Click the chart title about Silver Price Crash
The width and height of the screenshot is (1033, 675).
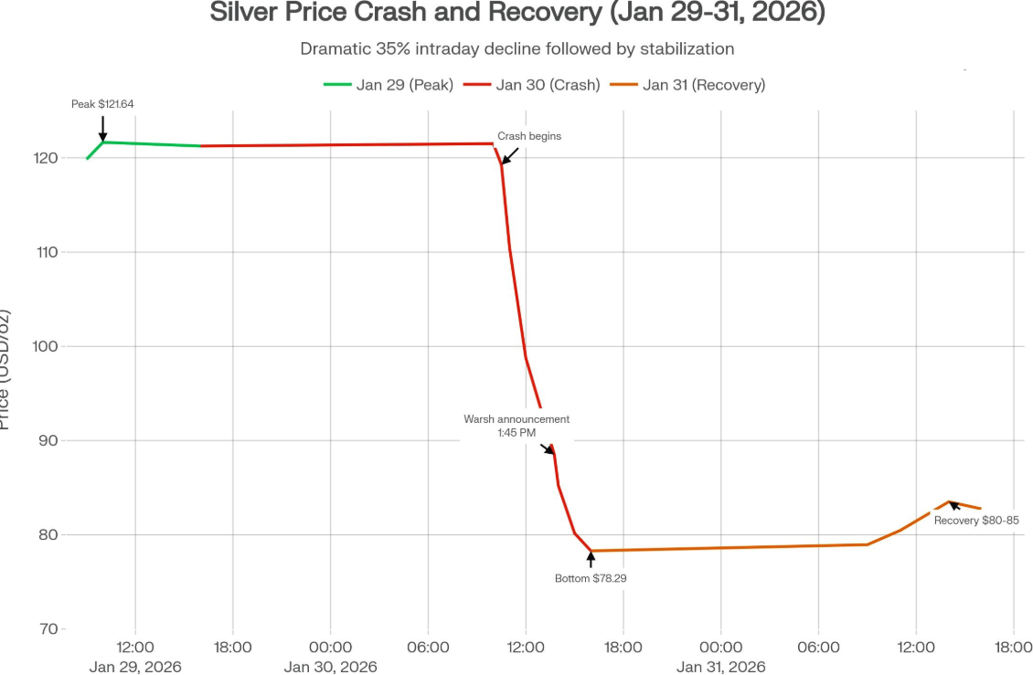tap(516, 14)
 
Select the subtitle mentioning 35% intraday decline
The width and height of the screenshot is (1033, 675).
tap(516, 48)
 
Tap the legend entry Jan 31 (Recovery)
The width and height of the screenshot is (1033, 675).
tap(703, 85)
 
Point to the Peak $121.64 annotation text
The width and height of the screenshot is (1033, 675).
tap(102, 104)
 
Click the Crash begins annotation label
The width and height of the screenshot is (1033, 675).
tap(529, 136)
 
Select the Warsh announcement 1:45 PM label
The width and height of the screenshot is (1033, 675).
tap(516, 426)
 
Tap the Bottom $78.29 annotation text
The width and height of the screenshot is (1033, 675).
tap(591, 578)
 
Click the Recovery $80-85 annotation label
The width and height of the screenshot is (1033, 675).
tap(976, 520)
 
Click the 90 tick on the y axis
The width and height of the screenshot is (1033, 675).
tap(48, 440)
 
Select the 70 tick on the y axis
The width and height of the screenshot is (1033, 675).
tap(48, 629)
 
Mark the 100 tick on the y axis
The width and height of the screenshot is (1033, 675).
tap(45, 346)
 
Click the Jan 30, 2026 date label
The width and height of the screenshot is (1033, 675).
tap(330, 667)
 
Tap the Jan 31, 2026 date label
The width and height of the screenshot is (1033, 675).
tap(720, 667)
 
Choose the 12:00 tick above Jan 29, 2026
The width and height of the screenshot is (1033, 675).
tap(135, 648)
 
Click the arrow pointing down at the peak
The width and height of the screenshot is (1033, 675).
tap(102, 129)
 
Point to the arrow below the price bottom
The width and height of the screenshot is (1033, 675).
tap(591, 559)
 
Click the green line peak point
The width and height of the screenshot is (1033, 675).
tap(103, 142)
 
